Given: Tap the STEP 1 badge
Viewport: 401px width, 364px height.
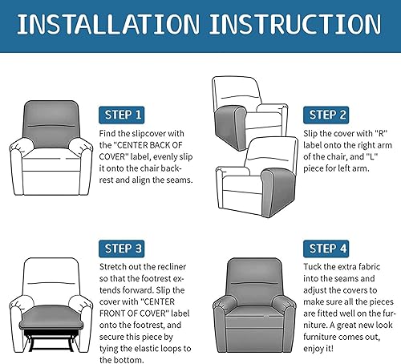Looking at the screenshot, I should pyautogui.click(x=123, y=113).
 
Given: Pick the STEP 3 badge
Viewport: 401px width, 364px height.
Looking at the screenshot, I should pyautogui.click(x=123, y=247).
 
